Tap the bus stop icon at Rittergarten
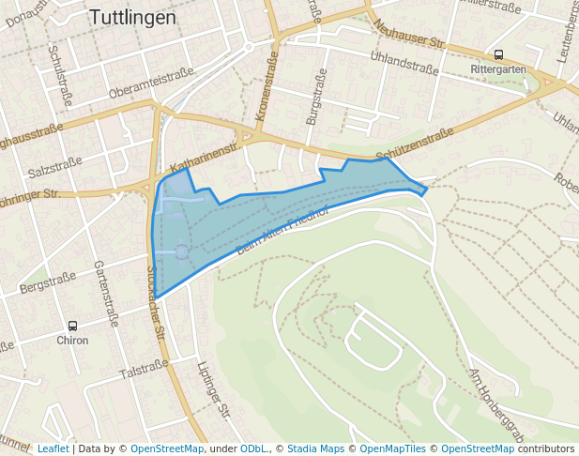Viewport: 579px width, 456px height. pos(498,55)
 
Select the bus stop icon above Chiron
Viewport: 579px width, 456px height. pos(72,325)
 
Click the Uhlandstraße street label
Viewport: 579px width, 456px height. pos(404,63)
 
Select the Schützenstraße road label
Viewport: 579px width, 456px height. pos(414,145)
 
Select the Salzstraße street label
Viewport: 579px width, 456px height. pos(54,167)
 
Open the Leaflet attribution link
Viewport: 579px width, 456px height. pos(53,448)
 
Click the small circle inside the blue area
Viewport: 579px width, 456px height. pos(181,251)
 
